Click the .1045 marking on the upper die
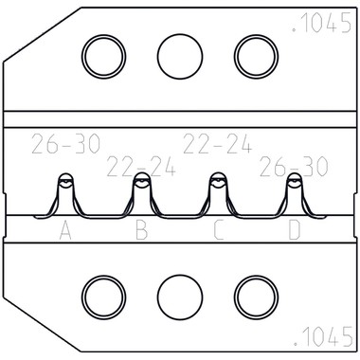tap(321, 23)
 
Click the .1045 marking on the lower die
tap(323, 336)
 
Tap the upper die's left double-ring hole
tap(104, 57)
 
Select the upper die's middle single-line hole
tap(180, 57)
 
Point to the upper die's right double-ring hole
tap(256, 57)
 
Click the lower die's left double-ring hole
tap(104, 297)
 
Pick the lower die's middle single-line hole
tap(180, 297)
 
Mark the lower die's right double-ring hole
tap(256, 297)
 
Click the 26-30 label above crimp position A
tap(65, 144)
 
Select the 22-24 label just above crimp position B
tap(141, 167)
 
